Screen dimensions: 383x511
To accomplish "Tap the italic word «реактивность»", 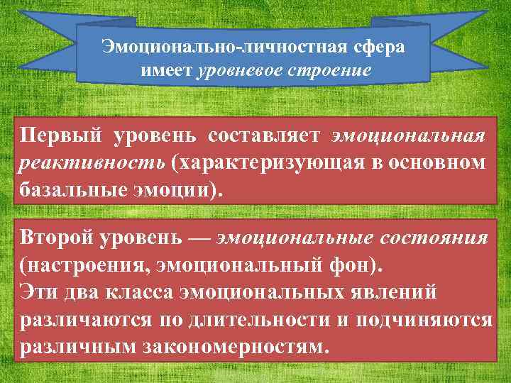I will tap(92, 162).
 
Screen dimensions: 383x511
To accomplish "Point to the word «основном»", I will tap(440, 162).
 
